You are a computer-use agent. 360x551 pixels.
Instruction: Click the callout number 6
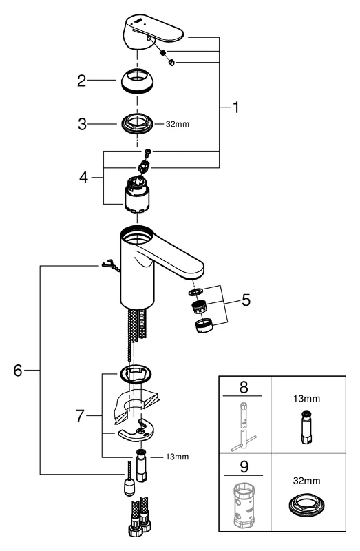point(19,370)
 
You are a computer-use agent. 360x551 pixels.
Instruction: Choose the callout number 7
point(82,417)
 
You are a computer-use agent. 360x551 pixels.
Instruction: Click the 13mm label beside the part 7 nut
point(178,456)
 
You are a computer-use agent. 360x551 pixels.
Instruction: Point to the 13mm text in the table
point(307,398)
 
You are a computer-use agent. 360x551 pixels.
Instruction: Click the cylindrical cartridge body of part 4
point(136,200)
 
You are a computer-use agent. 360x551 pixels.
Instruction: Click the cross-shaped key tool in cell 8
point(244,424)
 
